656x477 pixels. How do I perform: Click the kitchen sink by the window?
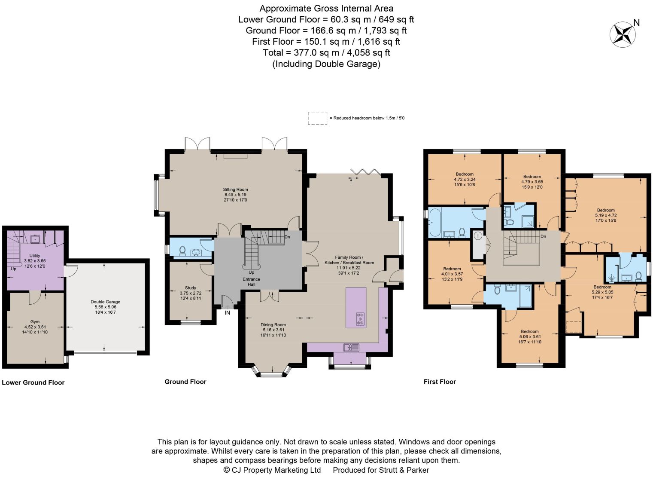[352, 347]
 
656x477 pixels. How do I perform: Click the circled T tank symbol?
[478, 236]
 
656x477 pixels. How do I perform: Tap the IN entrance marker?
[227, 313]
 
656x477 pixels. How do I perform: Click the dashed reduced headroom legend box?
[317, 118]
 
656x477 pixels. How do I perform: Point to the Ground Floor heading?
[185, 382]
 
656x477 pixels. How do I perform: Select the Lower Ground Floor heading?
[33, 382]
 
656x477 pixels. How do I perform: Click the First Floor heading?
[440, 382]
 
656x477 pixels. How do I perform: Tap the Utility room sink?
[35, 239]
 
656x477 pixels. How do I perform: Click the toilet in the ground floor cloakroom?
[182, 251]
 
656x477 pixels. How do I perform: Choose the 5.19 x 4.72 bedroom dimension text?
[606, 215]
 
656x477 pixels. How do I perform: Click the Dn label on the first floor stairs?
[543, 237]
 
